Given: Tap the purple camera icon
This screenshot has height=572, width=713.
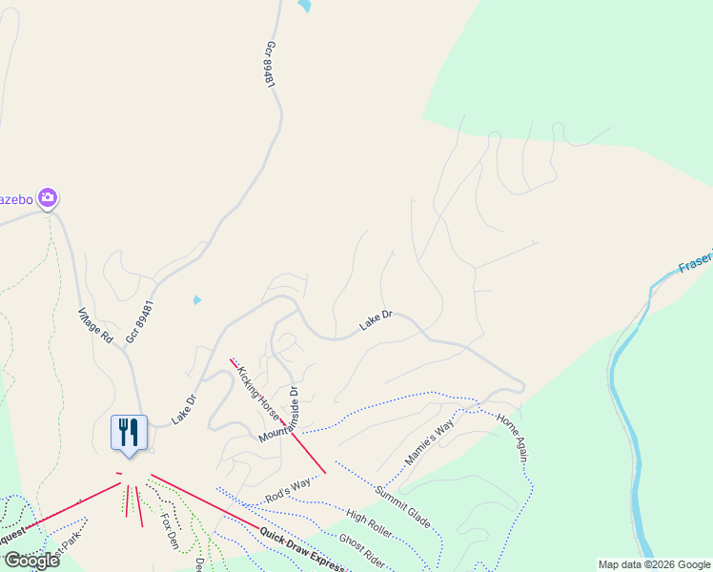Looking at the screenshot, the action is [x=47, y=198].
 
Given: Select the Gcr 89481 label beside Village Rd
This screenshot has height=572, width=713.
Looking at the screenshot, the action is [x=139, y=321].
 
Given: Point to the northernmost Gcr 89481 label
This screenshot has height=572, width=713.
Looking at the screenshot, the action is [x=270, y=65].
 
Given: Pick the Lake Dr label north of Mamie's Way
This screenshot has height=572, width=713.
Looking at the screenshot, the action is [x=376, y=320].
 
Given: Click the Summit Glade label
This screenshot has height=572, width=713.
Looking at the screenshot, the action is [x=402, y=508].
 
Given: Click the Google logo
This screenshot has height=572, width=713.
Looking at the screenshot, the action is [x=31, y=561].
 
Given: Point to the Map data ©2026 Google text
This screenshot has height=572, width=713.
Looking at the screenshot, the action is [x=654, y=564].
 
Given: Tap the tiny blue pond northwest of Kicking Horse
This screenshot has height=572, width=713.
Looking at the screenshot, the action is [x=196, y=299].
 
